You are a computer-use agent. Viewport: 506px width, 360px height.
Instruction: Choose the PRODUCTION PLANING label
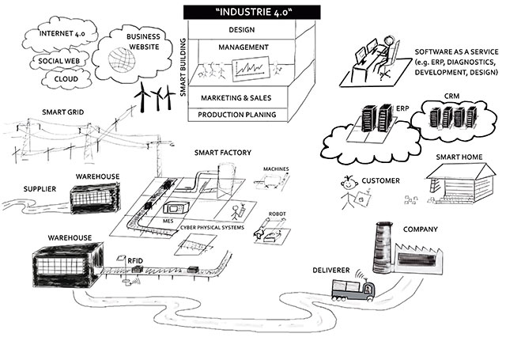pos(238,115)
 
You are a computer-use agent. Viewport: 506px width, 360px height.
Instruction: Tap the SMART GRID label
pos(53,112)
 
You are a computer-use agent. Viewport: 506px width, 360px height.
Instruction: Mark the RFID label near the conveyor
pos(136,258)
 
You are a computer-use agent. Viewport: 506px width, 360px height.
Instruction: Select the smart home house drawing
pos(459,190)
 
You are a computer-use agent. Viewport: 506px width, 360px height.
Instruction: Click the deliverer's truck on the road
pos(352,293)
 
